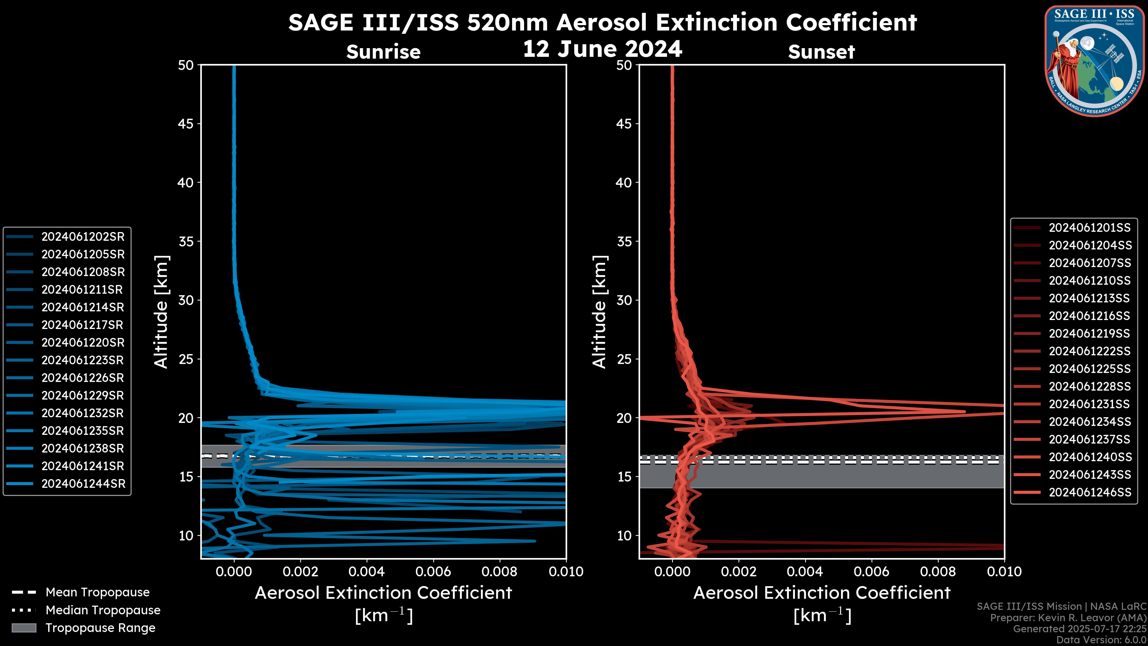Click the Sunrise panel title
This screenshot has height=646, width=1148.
(383, 52)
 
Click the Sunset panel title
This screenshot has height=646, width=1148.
(821, 52)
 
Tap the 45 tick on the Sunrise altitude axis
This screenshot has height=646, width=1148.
(186, 124)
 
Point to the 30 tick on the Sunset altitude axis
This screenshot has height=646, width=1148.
(624, 300)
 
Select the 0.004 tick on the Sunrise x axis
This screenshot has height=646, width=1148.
(367, 572)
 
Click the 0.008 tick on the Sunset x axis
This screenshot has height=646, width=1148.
(938, 572)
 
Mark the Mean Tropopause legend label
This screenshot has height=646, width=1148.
(97, 592)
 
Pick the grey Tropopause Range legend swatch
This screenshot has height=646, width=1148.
(24, 628)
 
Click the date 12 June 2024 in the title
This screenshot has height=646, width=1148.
(602, 49)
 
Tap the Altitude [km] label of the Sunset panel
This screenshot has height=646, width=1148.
(599, 312)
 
